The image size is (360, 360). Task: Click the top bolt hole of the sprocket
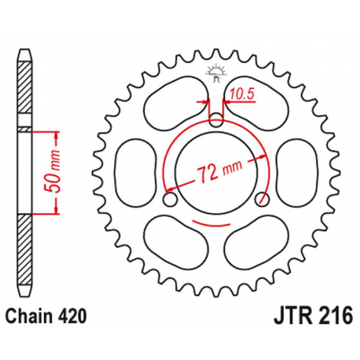[218, 120]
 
